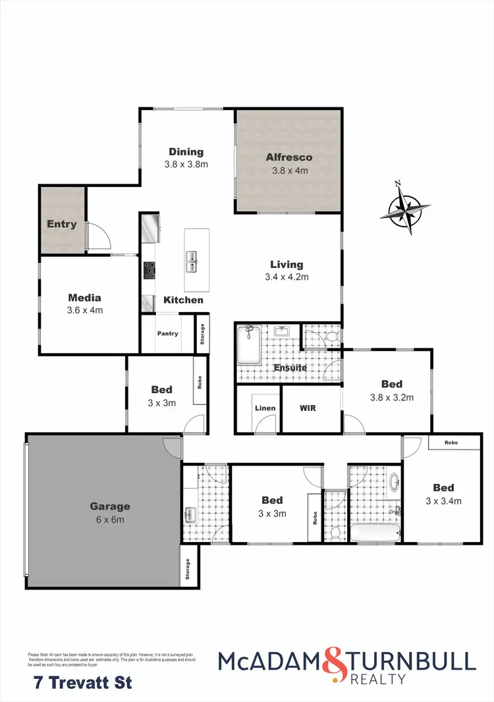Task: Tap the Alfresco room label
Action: click(x=289, y=157)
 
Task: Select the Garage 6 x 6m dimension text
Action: click(x=110, y=520)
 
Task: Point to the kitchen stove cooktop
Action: click(x=150, y=268)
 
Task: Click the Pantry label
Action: click(x=167, y=334)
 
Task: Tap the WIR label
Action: click(x=308, y=408)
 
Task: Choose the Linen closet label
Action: click(x=265, y=408)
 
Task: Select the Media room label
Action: click(x=85, y=297)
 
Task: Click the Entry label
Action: click(x=62, y=224)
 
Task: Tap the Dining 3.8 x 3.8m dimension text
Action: click(x=186, y=164)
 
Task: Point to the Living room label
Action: click(x=287, y=265)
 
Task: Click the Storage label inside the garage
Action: click(x=188, y=566)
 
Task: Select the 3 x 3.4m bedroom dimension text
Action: click(x=443, y=500)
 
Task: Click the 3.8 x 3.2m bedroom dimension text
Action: click(x=391, y=397)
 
